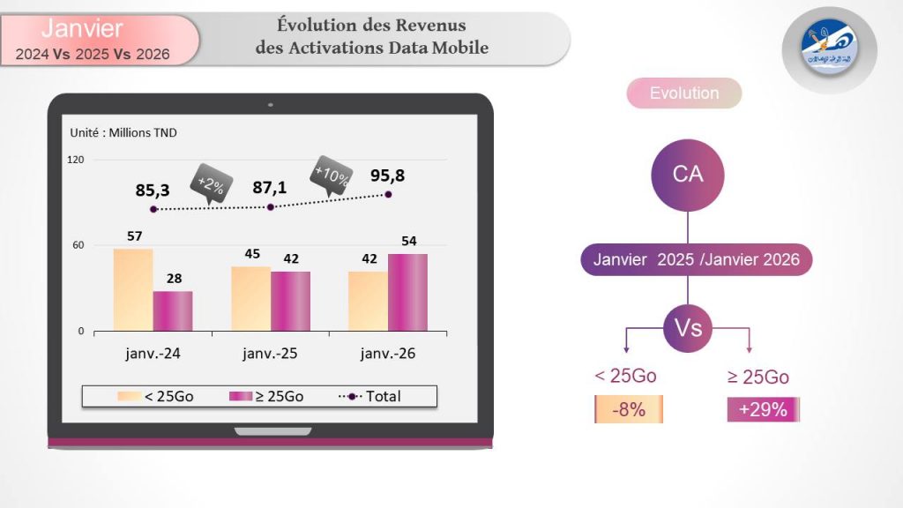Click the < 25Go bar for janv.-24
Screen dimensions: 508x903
(133, 290)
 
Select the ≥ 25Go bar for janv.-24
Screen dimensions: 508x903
(173, 311)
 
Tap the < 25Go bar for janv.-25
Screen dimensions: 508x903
(251, 299)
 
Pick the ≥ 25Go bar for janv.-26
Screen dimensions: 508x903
(408, 293)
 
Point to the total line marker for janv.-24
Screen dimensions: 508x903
(153, 210)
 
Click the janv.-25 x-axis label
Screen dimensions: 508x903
(270, 355)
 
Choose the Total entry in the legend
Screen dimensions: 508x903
(370, 397)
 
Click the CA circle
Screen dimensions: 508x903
(688, 174)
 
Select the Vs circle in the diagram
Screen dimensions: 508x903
(688, 328)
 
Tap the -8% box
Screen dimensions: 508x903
(629, 410)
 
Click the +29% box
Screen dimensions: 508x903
(763, 410)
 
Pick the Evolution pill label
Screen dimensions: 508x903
(684, 93)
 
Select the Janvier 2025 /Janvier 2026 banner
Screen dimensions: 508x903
(696, 260)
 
